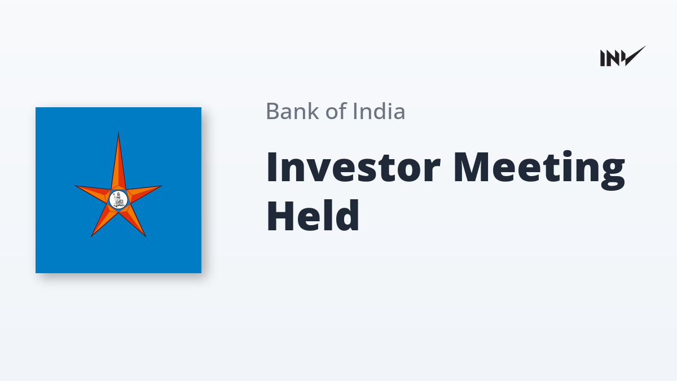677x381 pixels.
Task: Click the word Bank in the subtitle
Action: [x=293, y=111]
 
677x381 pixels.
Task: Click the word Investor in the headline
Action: [x=353, y=167]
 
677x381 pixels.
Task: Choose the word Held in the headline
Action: [x=313, y=215]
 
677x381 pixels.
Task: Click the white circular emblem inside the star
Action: [x=118, y=200]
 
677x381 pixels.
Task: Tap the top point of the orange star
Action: [x=118, y=133]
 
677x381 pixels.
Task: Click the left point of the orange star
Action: [x=76, y=186]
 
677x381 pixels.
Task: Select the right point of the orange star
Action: [x=161, y=186]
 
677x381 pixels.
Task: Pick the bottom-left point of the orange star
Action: [x=91, y=236]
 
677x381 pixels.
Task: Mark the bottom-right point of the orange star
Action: [x=146, y=236]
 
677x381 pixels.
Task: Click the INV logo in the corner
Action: [x=623, y=56]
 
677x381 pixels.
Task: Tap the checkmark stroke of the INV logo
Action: [x=635, y=56]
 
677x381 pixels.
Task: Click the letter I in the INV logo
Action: [x=603, y=58]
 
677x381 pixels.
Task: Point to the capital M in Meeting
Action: [x=472, y=167]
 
